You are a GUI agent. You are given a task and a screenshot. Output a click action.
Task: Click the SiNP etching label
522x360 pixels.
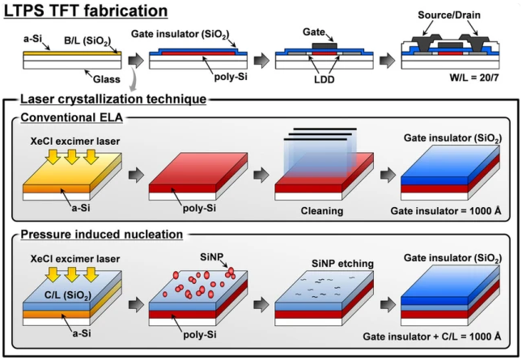click(320, 265)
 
